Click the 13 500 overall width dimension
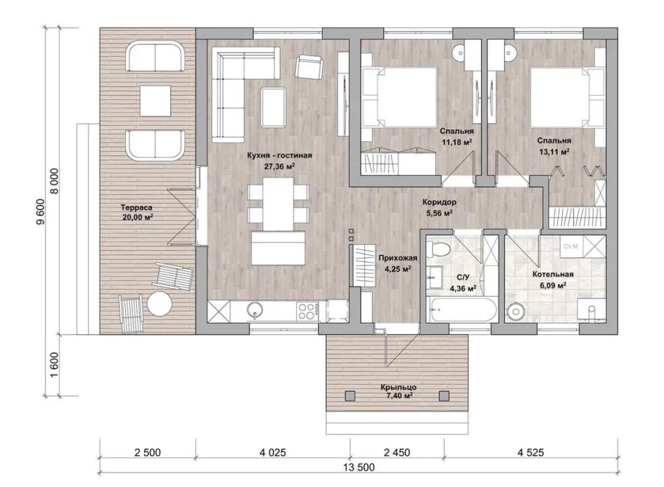(x=359, y=467)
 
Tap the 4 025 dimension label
(x=273, y=453)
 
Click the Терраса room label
(x=136, y=208)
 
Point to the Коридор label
(x=439, y=202)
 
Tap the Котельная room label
(x=553, y=275)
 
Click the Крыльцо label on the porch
(x=398, y=388)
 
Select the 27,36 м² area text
(x=279, y=166)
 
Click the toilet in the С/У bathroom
(x=438, y=249)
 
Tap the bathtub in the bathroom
(x=461, y=310)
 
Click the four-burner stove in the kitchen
(x=308, y=311)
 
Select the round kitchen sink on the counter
(x=254, y=310)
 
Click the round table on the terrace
(x=159, y=303)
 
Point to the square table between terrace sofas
(x=155, y=101)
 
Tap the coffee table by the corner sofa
(x=273, y=106)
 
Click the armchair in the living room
(x=309, y=67)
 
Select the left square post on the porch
(x=349, y=396)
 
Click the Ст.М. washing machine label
(x=572, y=246)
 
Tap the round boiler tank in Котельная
(x=516, y=312)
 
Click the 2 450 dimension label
(x=397, y=453)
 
